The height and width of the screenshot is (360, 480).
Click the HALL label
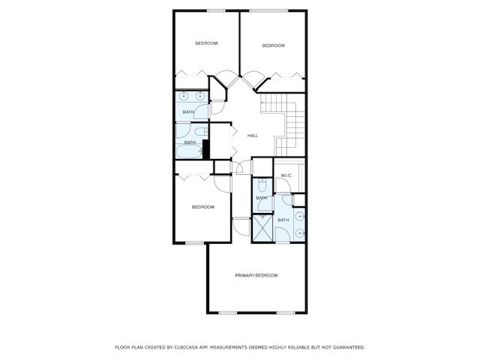click(x=253, y=136)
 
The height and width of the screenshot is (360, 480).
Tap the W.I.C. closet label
click(x=286, y=175)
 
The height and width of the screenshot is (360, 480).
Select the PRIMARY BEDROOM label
click(x=256, y=276)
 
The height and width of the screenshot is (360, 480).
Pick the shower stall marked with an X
click(x=263, y=226)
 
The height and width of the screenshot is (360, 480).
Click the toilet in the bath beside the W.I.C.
click(x=262, y=184)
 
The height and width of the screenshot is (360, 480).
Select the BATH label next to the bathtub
click(x=190, y=142)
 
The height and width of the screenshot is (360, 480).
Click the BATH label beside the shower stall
click(x=283, y=220)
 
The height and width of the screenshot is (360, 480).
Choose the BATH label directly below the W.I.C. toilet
click(x=261, y=198)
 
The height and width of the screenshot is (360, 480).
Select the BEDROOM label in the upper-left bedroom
click(x=206, y=43)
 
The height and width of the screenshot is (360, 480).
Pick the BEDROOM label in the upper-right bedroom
click(x=273, y=46)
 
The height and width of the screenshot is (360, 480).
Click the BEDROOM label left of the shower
click(x=202, y=207)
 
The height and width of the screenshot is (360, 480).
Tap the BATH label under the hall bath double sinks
click(x=187, y=112)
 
